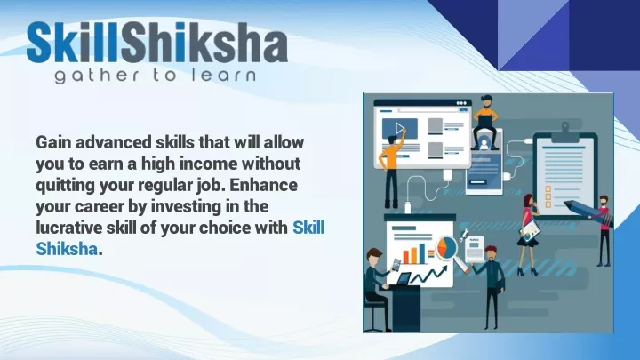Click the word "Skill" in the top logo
(73, 42)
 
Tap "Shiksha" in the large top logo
(204, 42)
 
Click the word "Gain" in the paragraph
(53, 142)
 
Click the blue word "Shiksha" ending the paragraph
(67, 249)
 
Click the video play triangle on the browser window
(400, 129)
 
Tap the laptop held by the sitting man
(484, 122)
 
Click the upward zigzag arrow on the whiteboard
(428, 275)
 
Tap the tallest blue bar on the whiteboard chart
(422, 253)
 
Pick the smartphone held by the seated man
(396, 265)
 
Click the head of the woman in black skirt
(529, 201)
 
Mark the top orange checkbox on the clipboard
(548, 188)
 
